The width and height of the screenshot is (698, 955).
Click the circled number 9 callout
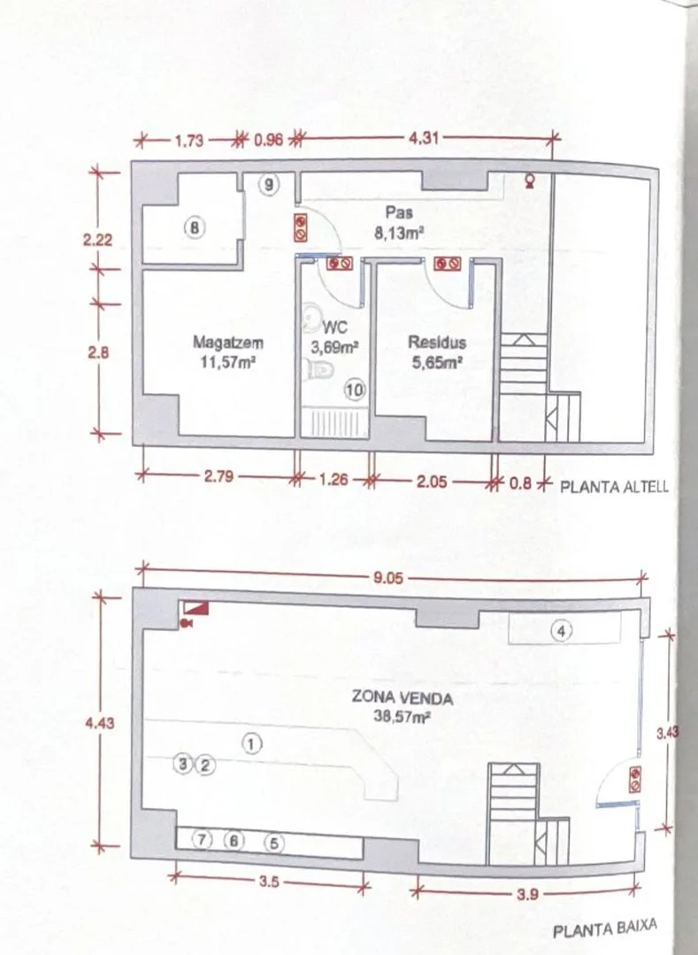point(269,184)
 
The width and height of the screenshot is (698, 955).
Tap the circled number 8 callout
point(194,227)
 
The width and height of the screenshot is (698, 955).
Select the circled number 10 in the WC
point(355,389)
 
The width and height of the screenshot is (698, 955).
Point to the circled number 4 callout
point(561,631)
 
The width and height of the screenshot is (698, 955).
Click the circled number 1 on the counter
point(252,743)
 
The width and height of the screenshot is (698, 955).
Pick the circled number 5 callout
point(274,843)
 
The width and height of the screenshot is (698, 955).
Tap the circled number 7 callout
point(202,840)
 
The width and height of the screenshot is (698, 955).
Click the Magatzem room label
point(227,343)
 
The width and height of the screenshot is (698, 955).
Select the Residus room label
point(437,343)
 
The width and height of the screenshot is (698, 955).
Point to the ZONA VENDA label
point(403,697)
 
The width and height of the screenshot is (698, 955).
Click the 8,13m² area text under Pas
point(399,233)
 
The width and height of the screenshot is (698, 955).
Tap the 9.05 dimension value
point(388,577)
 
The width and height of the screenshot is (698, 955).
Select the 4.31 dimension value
point(423,138)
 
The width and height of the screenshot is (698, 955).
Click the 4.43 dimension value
point(99,723)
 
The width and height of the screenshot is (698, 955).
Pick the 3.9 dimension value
point(527,894)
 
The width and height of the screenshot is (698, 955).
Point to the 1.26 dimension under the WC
point(334,480)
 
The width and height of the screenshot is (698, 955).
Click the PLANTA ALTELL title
point(613,487)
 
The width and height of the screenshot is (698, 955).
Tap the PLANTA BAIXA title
point(605,928)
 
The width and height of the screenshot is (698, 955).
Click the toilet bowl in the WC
point(318,368)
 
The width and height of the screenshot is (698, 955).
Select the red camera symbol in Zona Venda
point(187,622)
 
